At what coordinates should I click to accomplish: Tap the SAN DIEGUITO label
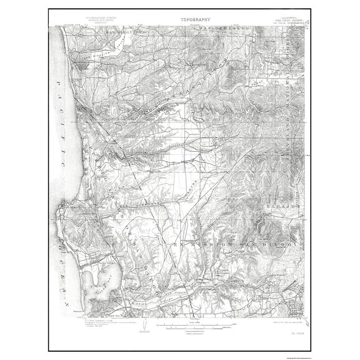pos(121,30)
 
